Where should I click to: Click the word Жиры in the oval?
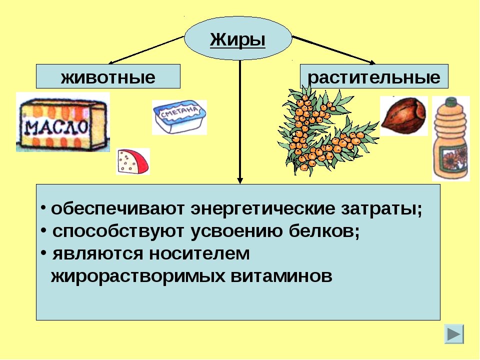point(237,39)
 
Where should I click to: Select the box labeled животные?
point(108,76)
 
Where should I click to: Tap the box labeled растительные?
point(374,76)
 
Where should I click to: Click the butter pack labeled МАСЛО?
point(63,122)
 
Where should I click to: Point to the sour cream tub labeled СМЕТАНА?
point(179,117)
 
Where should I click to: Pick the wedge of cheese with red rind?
point(133,161)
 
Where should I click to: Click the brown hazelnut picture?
point(404,115)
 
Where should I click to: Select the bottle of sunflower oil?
point(451,138)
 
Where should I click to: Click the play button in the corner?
point(454,334)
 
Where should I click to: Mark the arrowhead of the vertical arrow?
point(240,180)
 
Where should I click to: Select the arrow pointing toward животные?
point(146,50)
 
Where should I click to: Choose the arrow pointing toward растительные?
point(333,50)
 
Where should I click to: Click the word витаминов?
point(281,276)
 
